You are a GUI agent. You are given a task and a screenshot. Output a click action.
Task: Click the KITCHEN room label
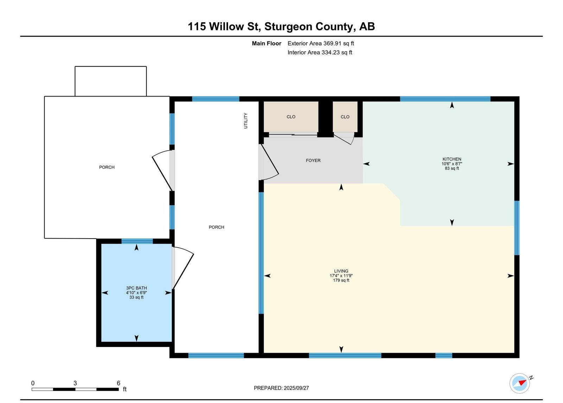tap(452, 159)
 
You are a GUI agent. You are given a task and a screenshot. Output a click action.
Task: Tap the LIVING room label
tap(341, 271)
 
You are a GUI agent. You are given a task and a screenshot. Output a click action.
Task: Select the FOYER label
tap(313, 160)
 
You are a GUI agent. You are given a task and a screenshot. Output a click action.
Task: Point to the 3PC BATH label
tap(137, 288)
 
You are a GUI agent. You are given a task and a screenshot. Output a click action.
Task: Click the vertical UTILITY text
tap(246, 121)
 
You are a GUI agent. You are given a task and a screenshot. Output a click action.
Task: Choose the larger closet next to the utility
tap(291, 117)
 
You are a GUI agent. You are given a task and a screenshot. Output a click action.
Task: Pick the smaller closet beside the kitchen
tap(345, 117)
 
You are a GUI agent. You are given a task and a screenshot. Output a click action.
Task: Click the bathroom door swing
tap(183, 268)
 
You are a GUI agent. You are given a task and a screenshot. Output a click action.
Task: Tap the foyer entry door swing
tap(269, 162)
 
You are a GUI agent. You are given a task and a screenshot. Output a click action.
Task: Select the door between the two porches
tap(163, 170)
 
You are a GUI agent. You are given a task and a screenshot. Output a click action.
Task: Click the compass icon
tap(519, 383)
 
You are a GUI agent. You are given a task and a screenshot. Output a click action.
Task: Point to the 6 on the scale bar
tap(118, 383)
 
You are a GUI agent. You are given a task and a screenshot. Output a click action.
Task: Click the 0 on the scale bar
tap(33, 383)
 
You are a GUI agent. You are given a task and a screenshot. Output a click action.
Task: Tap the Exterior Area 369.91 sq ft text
tap(321, 43)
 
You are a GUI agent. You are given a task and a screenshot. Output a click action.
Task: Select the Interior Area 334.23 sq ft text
tap(320, 52)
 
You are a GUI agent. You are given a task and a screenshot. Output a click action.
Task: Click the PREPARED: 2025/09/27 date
tap(281, 388)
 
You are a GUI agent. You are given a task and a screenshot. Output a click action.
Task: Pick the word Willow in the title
tap(226, 26)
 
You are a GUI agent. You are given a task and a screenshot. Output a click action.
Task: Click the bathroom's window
tap(137, 241)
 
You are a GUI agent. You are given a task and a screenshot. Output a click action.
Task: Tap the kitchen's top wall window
tap(445, 99)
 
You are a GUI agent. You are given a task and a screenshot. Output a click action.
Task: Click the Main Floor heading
tap(266, 43)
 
